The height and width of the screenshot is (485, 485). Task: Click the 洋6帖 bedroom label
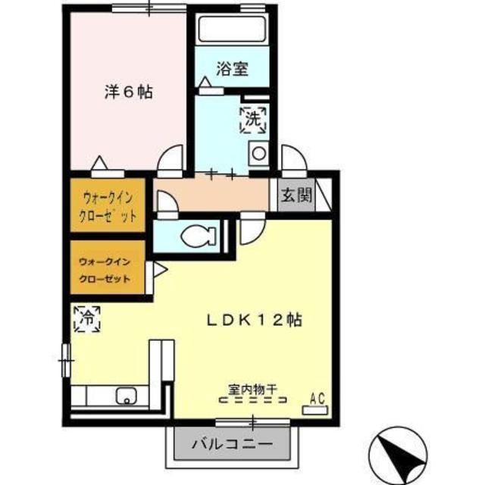(128, 92)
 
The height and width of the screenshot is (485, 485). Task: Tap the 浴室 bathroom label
(232, 69)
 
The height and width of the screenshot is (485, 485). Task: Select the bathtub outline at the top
(233, 29)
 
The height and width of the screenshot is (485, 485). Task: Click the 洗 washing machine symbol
(253, 120)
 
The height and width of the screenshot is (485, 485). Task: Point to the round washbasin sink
(258, 153)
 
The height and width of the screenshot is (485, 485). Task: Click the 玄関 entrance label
(296, 195)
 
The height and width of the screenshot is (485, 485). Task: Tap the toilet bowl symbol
(199, 237)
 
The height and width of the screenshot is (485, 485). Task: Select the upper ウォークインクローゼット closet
(108, 205)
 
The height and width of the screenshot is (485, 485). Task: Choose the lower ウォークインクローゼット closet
(108, 268)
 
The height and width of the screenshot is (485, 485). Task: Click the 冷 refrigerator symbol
(88, 319)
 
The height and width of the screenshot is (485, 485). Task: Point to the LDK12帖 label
(255, 321)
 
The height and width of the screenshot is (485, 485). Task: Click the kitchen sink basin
(127, 396)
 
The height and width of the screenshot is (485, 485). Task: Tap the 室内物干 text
(252, 389)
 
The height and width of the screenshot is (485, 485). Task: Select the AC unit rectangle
(314, 411)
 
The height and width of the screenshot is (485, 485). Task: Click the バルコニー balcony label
(232, 445)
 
